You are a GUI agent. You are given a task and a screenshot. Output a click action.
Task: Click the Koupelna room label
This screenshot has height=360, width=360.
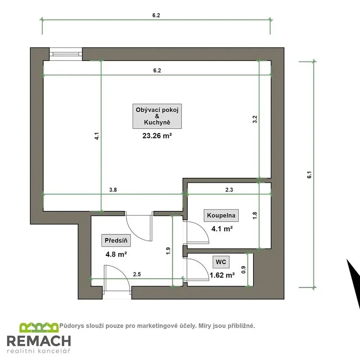coord(221,215)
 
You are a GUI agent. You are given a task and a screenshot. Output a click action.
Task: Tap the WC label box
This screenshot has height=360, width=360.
coord(221,262)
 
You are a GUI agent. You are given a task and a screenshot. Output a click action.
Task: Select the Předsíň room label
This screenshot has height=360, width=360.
coord(116,240)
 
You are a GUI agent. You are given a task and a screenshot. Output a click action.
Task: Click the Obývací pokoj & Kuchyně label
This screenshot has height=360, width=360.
coord(157,116)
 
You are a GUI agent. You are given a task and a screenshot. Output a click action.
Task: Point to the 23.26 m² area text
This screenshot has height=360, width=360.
coord(157,136)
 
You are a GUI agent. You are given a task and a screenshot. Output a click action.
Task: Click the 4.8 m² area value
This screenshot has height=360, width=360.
coord(116,255)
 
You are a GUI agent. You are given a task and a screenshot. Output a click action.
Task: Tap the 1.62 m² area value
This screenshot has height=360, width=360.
coord(222,275)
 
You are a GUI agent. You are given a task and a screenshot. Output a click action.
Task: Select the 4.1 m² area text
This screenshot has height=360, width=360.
coord(222,229)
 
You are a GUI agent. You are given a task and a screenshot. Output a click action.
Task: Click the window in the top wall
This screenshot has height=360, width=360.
coord(66,54)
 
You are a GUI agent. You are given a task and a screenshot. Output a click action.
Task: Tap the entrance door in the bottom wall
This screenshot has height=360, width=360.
coord(117,281)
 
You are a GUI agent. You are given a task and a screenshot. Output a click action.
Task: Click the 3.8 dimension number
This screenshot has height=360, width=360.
coord(113,190)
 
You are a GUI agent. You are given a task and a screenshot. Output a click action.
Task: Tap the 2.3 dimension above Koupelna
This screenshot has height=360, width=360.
coord(229,190)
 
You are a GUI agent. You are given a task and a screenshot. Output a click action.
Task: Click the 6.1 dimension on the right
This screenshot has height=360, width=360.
coord(310,175)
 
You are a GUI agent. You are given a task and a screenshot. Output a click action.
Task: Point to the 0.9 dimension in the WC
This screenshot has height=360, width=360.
coord(244,270)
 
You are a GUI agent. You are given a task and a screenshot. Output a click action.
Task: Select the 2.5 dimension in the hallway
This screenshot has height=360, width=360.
coord(137,274)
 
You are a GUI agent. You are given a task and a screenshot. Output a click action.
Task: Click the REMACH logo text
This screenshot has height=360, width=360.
coord(39,341)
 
